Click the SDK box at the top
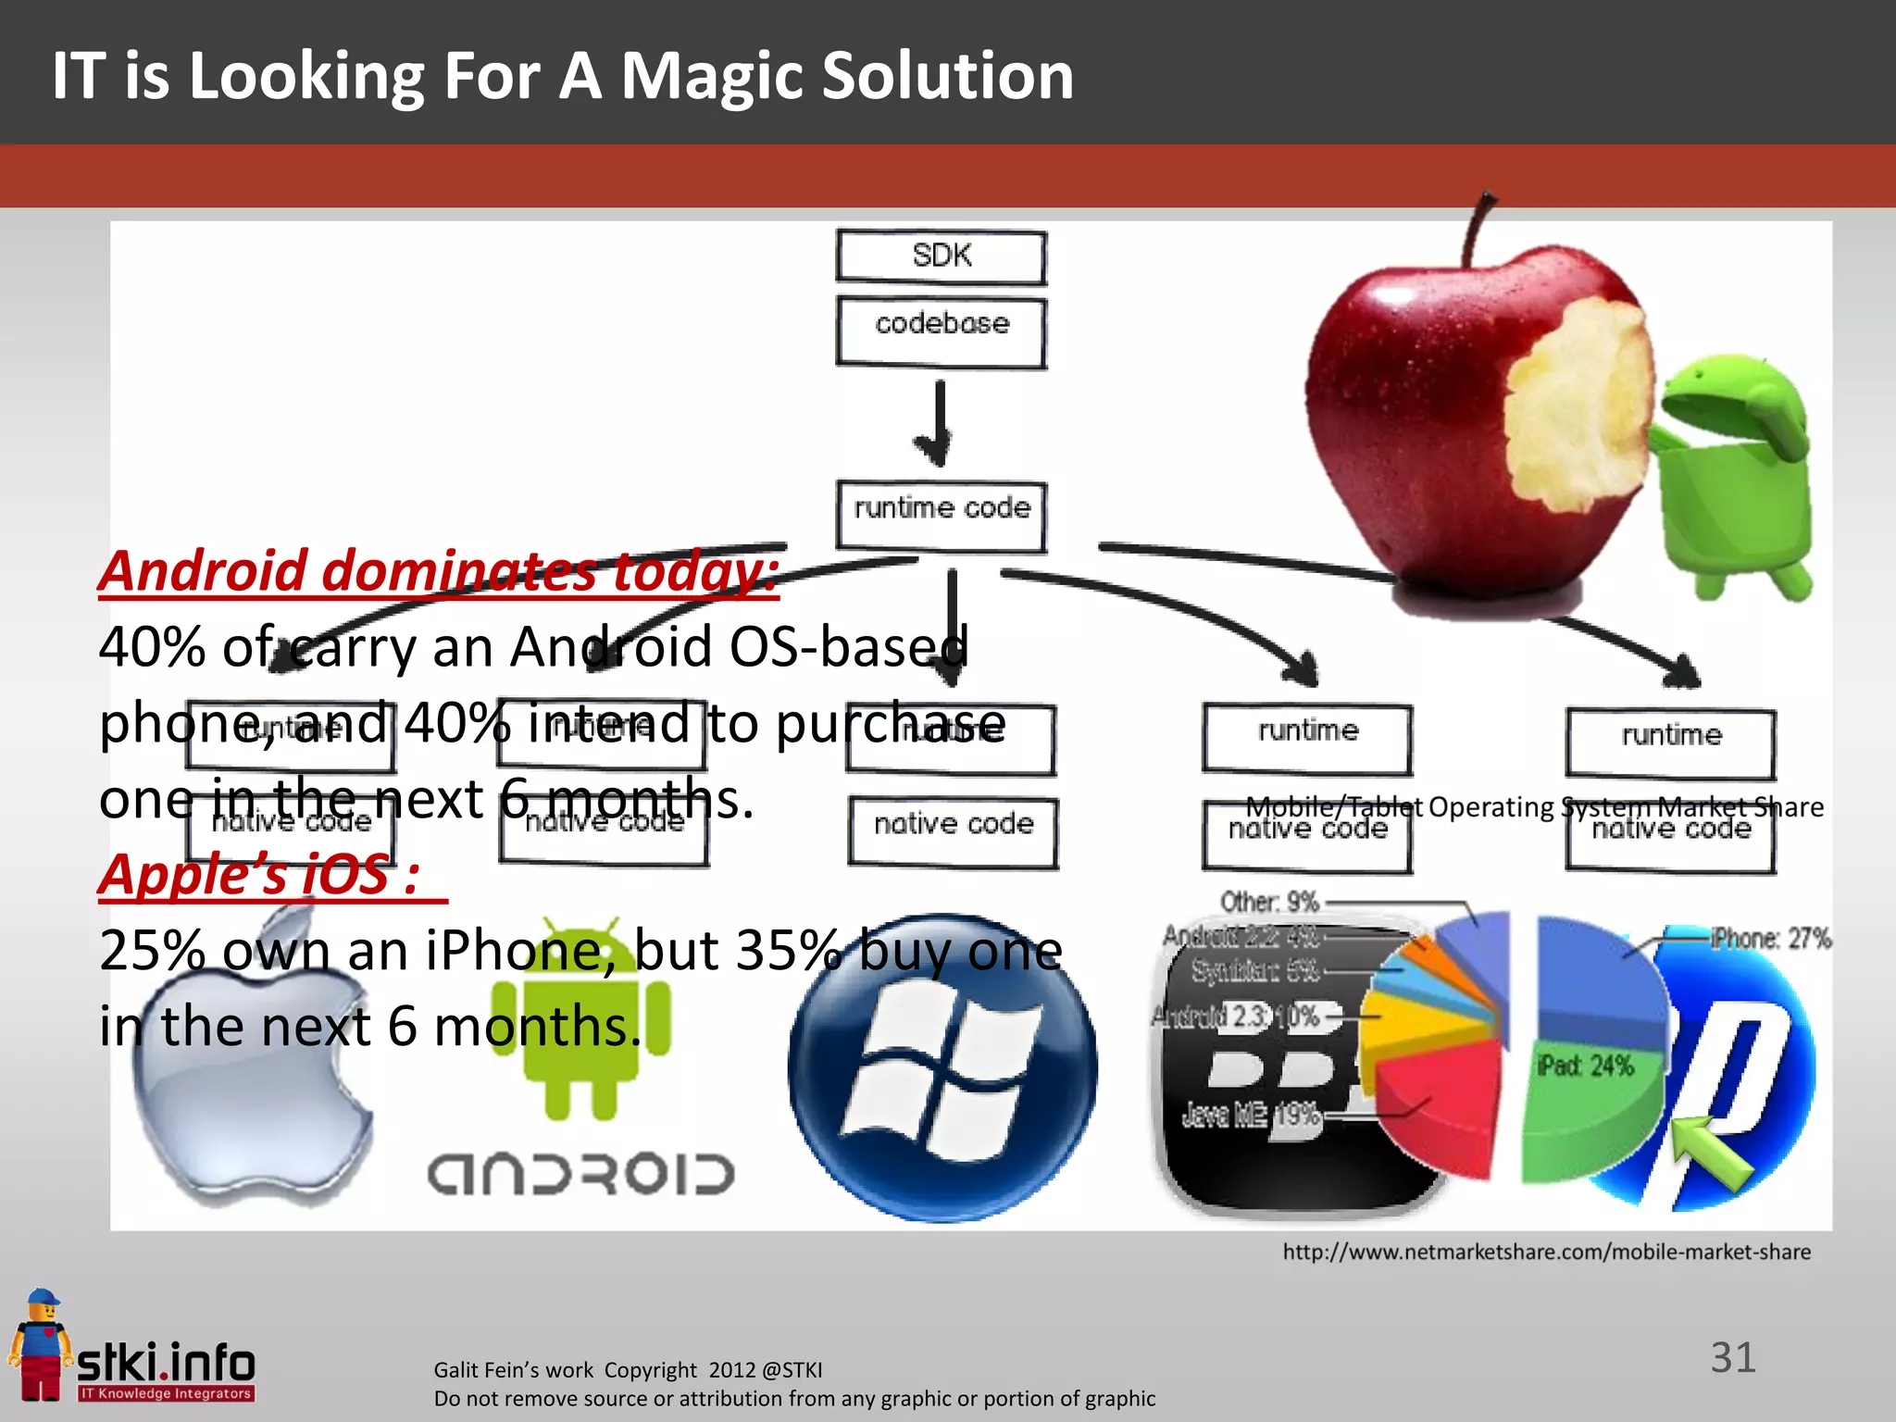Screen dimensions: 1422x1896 coord(941,256)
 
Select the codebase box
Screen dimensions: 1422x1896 coord(941,331)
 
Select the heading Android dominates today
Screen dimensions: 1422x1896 coord(438,571)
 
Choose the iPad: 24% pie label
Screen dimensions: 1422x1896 coord(1585,1066)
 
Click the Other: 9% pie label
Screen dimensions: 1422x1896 coord(1268,902)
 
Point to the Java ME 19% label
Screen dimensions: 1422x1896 coord(1250,1116)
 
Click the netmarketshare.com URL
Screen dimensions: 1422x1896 coord(1546,1252)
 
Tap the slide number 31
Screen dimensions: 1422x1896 coord(1733,1358)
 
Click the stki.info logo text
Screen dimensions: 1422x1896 coord(167,1363)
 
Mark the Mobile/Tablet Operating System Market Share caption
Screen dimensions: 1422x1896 coord(1534,807)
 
